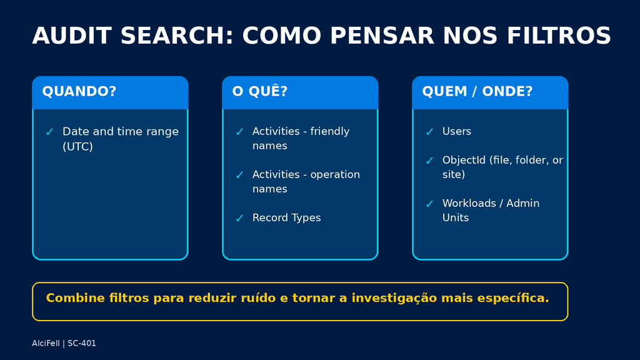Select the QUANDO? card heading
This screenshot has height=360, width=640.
79,91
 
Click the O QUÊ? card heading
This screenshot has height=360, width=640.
259,91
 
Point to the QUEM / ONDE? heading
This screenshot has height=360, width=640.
477,91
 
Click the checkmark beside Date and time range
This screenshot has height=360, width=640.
50,132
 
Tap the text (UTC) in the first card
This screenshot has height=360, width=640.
77,146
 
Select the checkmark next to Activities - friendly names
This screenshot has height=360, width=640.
239,132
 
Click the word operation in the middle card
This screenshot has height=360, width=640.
335,175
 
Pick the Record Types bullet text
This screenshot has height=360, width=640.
286,217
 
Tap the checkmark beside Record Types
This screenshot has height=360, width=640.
239,218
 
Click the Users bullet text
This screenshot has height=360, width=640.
457,131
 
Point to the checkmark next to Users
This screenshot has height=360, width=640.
429,132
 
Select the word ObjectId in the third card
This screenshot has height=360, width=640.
464,160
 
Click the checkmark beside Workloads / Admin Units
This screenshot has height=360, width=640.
429,204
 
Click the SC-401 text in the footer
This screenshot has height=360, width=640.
82,343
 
